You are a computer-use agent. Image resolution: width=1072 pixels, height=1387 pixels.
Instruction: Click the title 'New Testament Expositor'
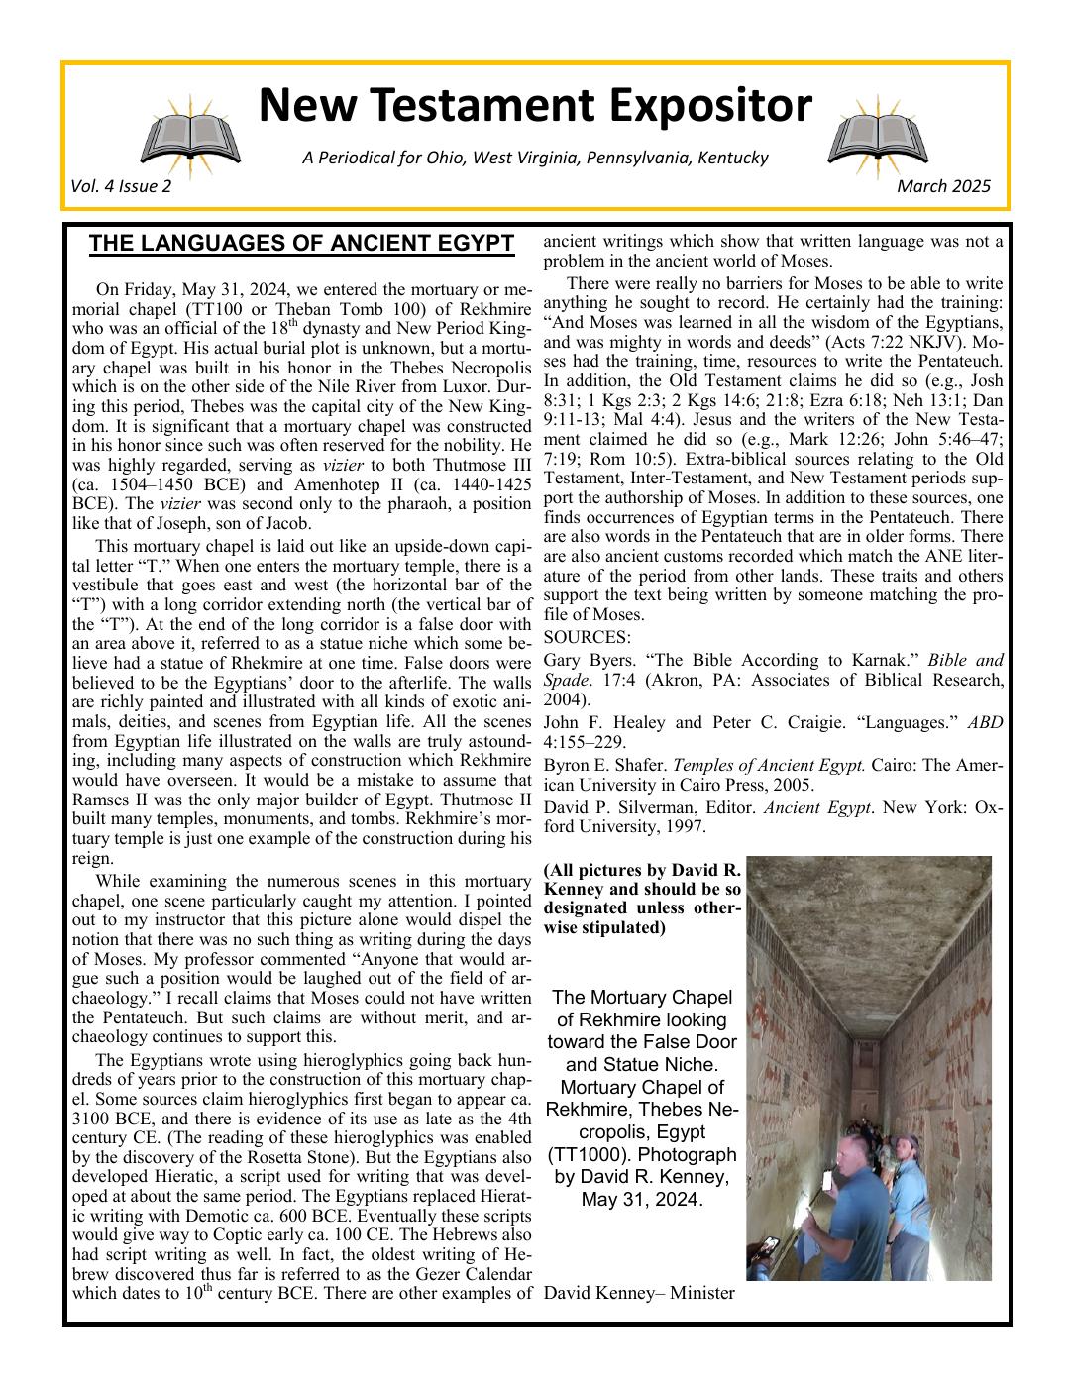tap(535, 106)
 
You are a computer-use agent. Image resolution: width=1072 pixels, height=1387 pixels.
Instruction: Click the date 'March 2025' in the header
tap(943, 186)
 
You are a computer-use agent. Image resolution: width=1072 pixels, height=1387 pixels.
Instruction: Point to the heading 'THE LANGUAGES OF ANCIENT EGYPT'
tap(301, 244)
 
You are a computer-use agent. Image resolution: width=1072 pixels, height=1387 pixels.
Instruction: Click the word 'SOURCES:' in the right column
tap(588, 636)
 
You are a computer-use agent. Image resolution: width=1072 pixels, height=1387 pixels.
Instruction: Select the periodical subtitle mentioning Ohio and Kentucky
tap(535, 158)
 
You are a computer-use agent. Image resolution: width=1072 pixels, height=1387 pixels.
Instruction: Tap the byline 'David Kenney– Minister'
tap(639, 1292)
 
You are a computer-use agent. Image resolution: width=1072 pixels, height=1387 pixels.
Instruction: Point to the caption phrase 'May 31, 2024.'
tap(642, 1199)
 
